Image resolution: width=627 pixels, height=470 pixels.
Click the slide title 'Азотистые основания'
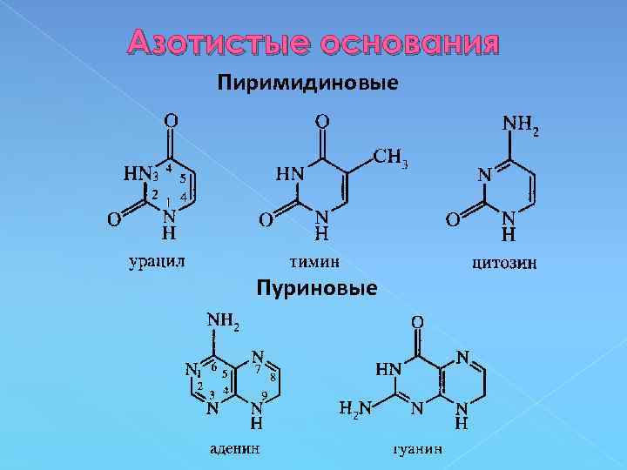point(313,43)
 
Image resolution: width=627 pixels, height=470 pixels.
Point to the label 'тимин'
point(315,260)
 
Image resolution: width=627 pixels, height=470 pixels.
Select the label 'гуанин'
point(414,450)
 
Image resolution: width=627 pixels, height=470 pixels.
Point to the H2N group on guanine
point(354,408)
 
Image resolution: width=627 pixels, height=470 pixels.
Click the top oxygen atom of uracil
point(172,119)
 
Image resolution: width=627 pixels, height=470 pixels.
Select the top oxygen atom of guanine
point(417,323)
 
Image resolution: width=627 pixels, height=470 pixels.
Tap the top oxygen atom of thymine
point(321,119)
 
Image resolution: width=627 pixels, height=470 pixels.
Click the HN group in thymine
point(290,173)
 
